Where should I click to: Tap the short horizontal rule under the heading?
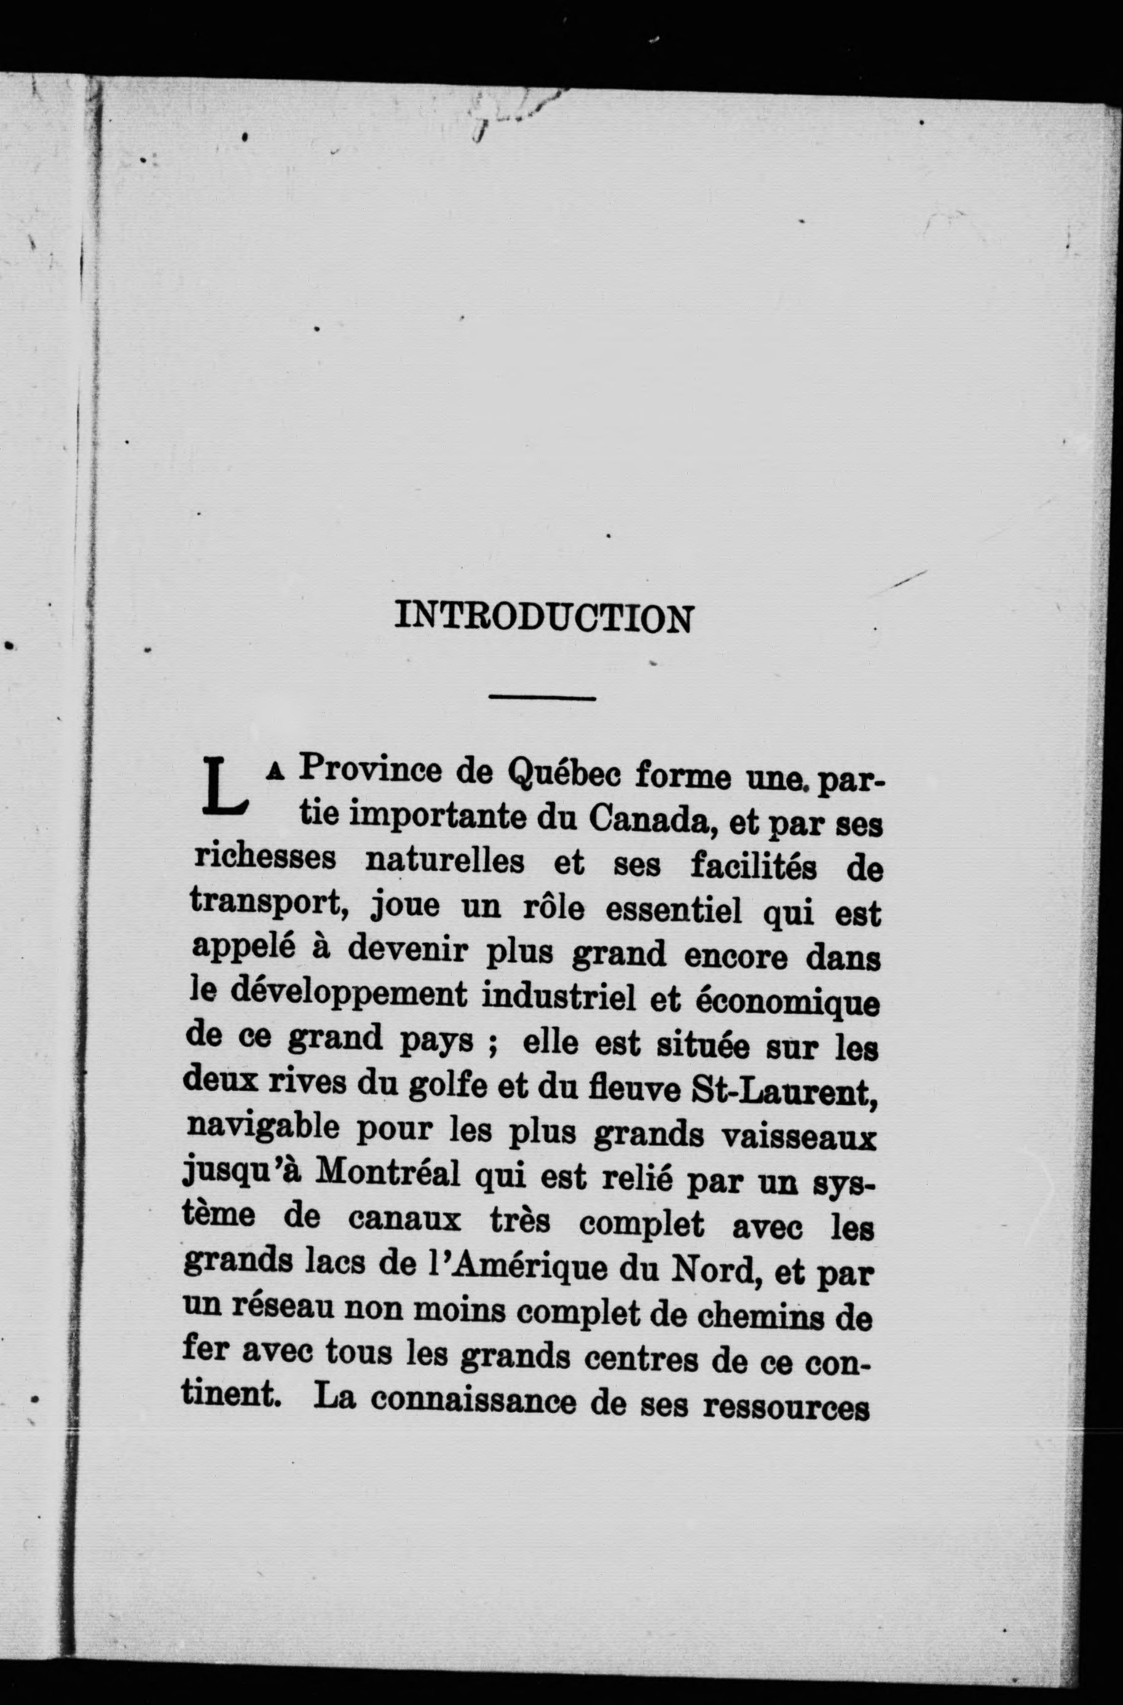tap(542, 697)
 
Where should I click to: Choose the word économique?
tap(786, 1003)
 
